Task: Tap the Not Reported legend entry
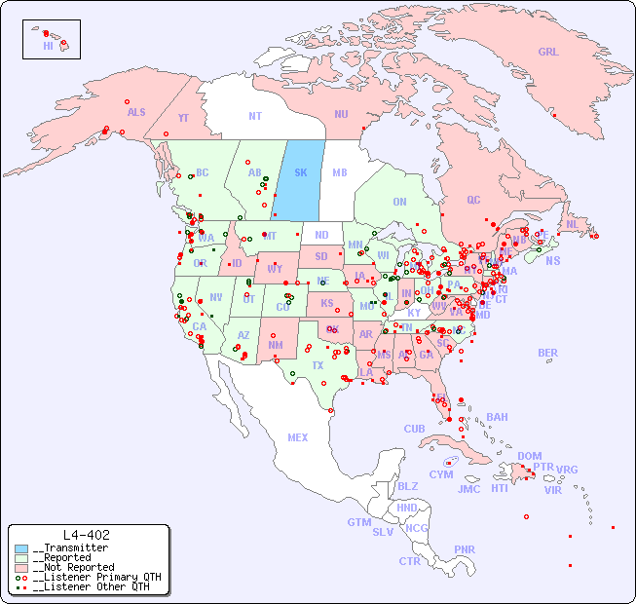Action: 72,567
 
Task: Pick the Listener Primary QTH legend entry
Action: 95,577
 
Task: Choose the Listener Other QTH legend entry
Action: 92,586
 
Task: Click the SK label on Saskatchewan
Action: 301,172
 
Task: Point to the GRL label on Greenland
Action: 548,53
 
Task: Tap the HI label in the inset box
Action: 48,46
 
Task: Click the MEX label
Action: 297,437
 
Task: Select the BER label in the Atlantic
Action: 547,353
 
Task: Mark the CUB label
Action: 414,429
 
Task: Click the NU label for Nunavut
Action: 341,114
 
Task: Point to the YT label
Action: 183,118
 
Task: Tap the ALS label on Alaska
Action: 136,112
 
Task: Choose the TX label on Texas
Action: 318,365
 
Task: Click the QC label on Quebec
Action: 473,200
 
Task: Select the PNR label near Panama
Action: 465,549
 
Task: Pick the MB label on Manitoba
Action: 340,172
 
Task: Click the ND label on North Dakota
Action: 321,235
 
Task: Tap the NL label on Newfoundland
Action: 573,223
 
